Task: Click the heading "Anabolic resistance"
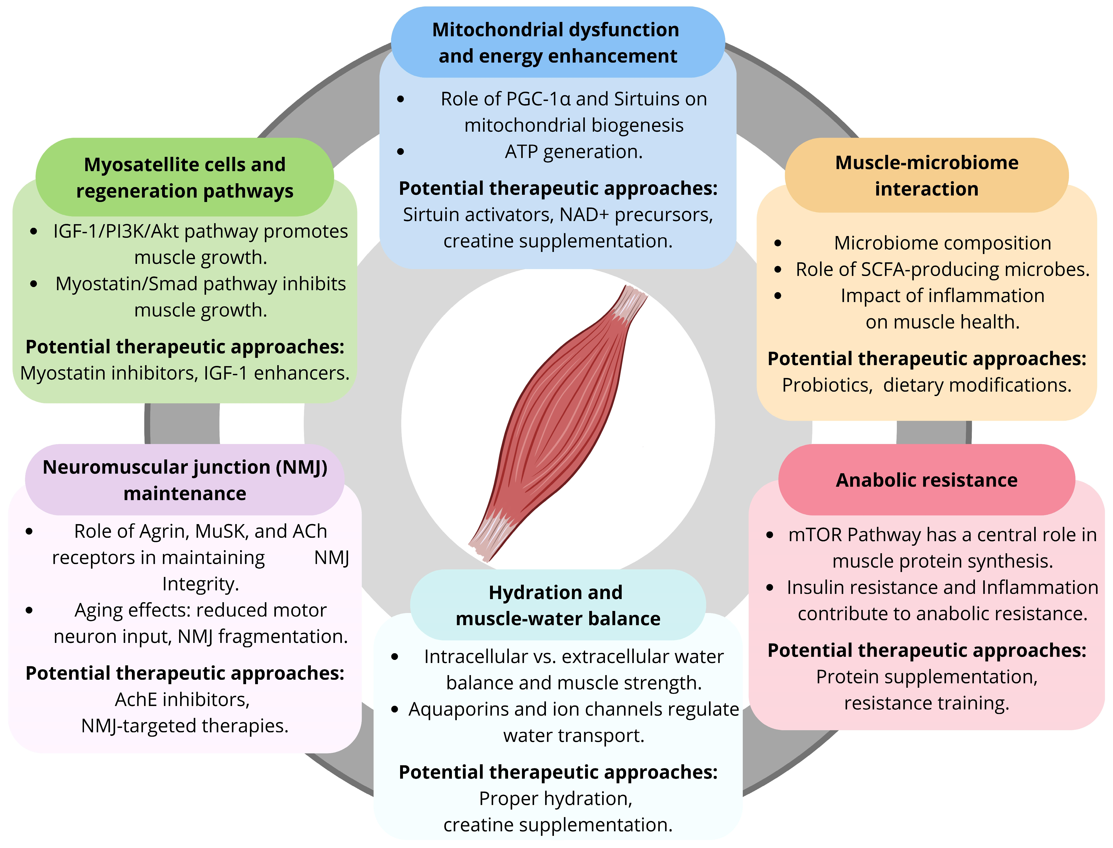pos(926,480)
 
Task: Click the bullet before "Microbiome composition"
pos(778,243)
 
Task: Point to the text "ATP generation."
pos(574,152)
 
